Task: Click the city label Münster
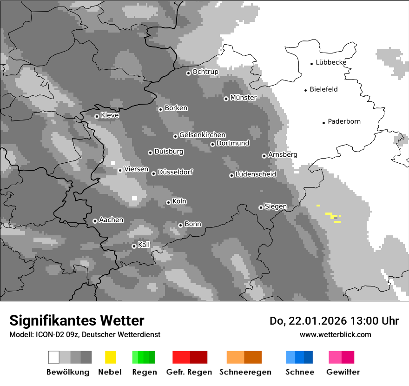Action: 244,98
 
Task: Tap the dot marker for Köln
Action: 168,202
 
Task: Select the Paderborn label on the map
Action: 344,121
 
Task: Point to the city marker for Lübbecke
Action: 312,63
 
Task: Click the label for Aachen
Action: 111,220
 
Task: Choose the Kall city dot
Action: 134,246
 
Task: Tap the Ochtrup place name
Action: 205,72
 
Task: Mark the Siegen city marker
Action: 261,207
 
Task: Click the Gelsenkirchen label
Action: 202,135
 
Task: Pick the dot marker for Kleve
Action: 97,116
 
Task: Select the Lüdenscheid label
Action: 256,174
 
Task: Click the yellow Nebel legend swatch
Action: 110,357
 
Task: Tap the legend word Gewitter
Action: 343,372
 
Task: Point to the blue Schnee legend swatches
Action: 299,357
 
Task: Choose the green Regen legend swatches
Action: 144,357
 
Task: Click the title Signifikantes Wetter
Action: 77,320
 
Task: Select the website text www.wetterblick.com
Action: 335,334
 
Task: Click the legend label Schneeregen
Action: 245,372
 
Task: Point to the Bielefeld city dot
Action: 306,90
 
